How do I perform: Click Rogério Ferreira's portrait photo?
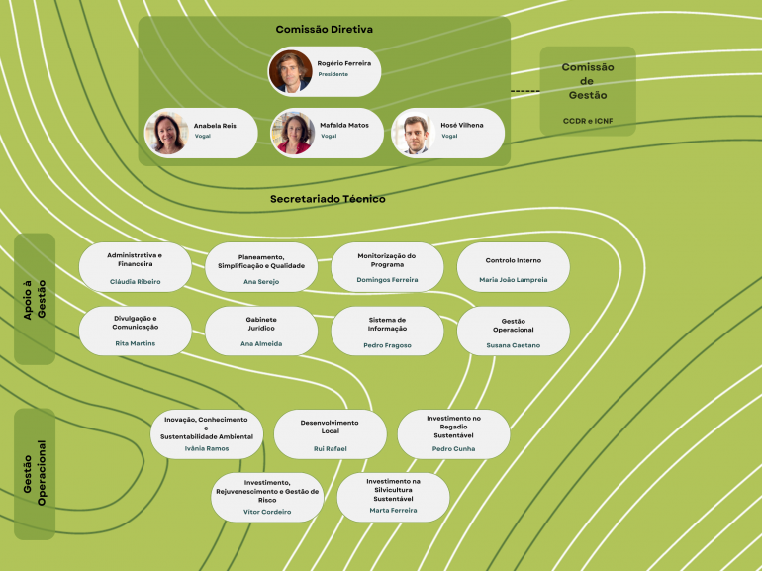point(290,71)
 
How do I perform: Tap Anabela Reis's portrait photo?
point(166,133)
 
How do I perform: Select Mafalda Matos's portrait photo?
point(293,133)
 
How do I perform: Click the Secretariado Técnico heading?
point(328,199)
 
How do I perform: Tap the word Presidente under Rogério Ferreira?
point(333,74)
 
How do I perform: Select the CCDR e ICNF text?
point(588,121)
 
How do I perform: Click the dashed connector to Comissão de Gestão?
point(524,92)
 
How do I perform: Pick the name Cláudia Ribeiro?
point(135,281)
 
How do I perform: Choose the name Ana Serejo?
point(261,281)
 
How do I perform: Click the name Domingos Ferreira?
point(387,280)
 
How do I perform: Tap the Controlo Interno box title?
point(513,260)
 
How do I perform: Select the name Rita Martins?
point(135,343)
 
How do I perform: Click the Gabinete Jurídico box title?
point(261,324)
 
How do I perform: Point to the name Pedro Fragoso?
point(387,345)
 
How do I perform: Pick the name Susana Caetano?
point(513,345)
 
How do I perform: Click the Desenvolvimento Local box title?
point(330,427)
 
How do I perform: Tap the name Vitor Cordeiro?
point(267,512)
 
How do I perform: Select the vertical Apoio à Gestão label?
point(35,298)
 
